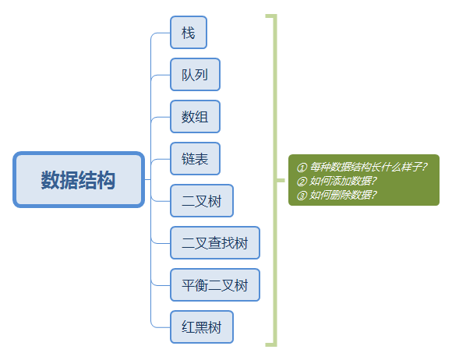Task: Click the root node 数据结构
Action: tap(79, 181)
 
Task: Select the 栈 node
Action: tap(188, 33)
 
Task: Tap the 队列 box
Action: tap(195, 75)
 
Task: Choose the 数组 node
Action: tap(195, 117)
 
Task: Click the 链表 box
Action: tap(195, 159)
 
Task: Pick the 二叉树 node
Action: tap(201, 201)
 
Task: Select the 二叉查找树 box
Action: tap(214, 243)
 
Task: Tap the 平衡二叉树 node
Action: tap(214, 285)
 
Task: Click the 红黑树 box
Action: tap(201, 327)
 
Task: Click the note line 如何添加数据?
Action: tap(343, 181)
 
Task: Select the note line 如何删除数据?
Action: tap(343, 195)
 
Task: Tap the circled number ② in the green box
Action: tap(302, 181)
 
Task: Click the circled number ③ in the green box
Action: tap(302, 195)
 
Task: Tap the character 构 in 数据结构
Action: tap(107, 181)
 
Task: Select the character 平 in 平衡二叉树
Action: tap(188, 285)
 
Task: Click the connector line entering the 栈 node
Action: tap(161, 34)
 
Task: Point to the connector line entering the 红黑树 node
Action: tap(161, 327)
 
